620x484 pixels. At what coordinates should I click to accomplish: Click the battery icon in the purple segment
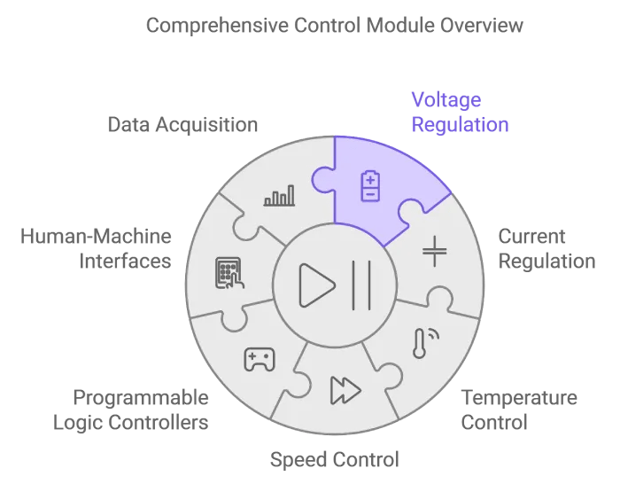pos(369,186)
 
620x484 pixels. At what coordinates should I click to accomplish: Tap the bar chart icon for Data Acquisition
pos(278,197)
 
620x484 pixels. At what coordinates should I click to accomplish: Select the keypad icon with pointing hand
pos(229,271)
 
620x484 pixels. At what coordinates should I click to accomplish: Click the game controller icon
pos(260,358)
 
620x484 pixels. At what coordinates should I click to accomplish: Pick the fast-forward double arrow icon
pos(345,389)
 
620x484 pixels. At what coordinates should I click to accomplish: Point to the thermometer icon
pos(422,344)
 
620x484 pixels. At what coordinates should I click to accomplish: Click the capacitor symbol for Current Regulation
pos(434,251)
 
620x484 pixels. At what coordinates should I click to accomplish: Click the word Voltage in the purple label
pos(446,100)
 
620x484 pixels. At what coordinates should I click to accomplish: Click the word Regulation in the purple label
pos(460,125)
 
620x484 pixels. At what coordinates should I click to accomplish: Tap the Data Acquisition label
pos(182,125)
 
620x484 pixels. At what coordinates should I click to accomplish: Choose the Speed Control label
pos(334,460)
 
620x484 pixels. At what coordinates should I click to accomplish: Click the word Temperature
pos(519,398)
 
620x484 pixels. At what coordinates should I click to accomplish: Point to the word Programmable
pos(141,398)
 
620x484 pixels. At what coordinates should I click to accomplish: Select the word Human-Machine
pos(96,237)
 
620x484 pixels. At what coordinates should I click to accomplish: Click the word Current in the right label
pos(531,237)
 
